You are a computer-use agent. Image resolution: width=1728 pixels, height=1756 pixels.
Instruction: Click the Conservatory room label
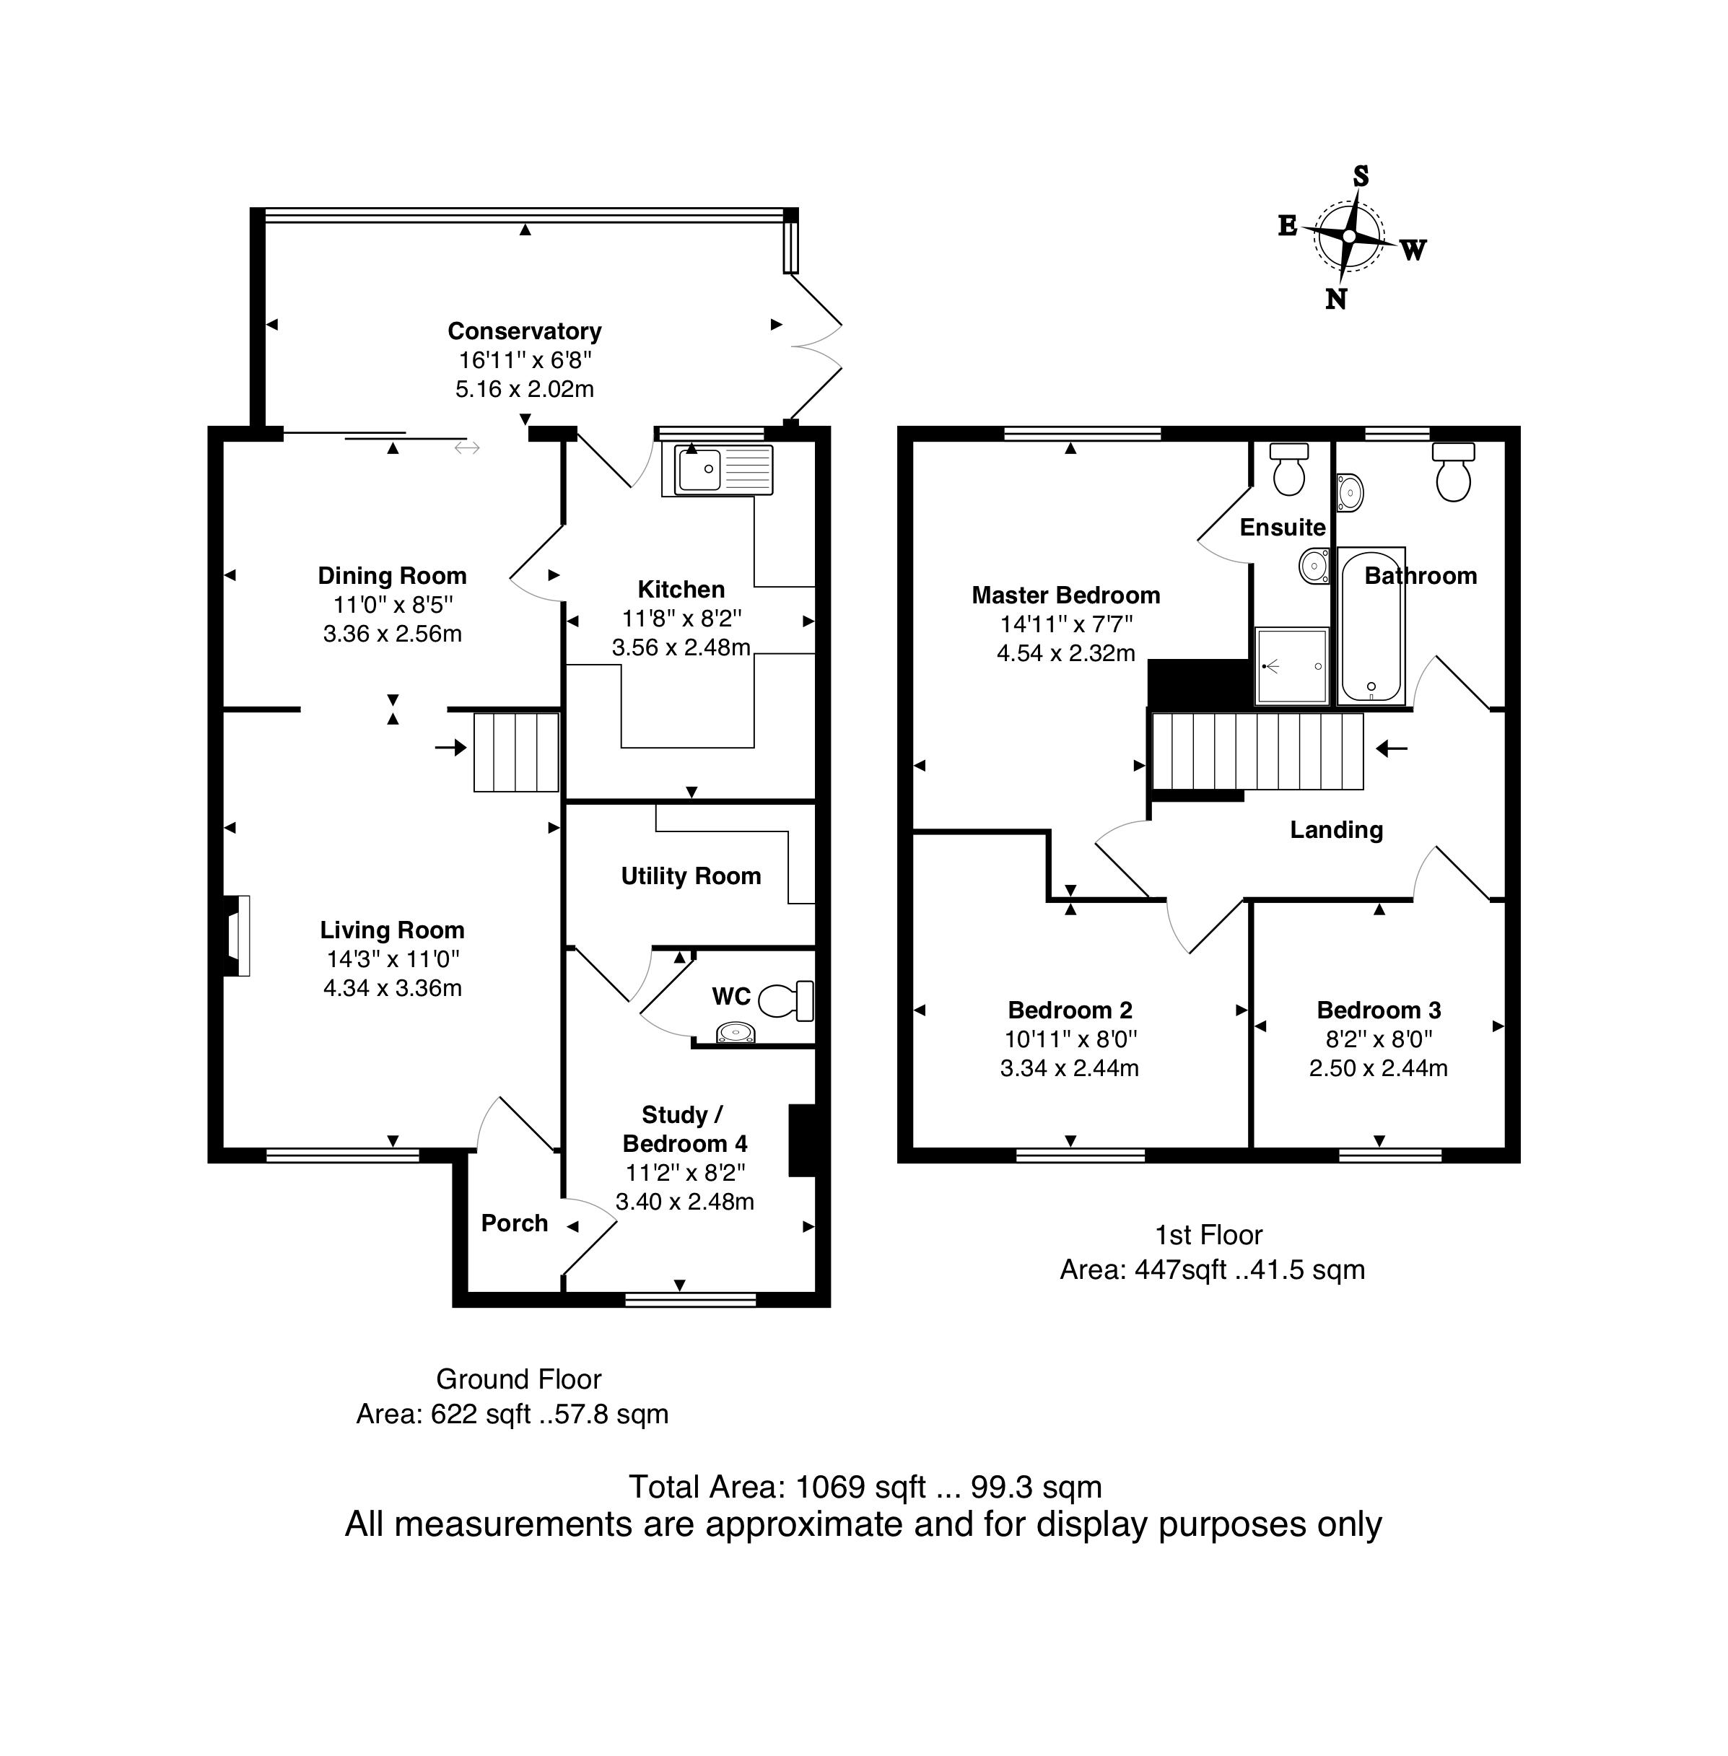525,331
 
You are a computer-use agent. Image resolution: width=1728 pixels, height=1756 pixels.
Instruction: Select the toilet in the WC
786,1001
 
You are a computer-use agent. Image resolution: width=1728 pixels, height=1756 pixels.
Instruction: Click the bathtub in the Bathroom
1371,626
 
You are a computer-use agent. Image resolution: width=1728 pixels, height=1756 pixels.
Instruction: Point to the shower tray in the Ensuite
1291,666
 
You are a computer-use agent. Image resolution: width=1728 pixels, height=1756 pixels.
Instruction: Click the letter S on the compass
1361,176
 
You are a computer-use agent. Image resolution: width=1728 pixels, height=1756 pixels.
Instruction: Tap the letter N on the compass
1336,299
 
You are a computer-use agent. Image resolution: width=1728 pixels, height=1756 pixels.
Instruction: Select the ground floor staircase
515,752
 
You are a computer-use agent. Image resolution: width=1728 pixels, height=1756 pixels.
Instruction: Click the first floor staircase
1258,751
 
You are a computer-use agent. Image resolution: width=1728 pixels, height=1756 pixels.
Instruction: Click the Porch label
515,1223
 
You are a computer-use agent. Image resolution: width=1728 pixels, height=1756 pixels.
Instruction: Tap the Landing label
1337,830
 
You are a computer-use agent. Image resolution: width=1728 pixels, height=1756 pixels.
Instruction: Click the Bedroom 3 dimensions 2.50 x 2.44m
1378,1068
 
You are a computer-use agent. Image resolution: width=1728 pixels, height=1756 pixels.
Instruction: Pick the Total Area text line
865,1487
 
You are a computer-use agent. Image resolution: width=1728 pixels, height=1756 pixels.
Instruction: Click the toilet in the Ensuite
1288,469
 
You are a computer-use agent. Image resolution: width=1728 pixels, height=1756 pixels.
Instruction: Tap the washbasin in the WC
736,1033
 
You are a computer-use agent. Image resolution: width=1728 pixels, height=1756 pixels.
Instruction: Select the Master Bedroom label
1065,595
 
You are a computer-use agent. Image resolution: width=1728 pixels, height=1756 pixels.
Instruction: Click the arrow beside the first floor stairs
1392,748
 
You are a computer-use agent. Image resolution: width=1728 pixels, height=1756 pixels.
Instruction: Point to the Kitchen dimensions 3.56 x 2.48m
681,648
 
